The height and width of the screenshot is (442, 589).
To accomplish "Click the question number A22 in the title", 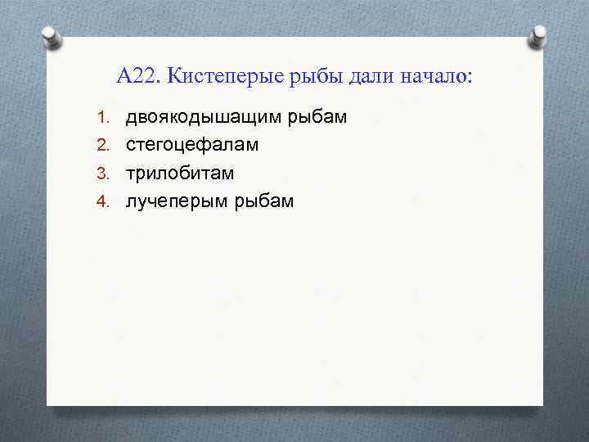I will click(138, 76).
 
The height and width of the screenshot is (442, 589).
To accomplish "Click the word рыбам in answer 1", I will click(317, 118).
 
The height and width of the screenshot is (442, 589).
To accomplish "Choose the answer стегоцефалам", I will click(191, 146).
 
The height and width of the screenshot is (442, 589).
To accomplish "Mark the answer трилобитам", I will click(179, 174).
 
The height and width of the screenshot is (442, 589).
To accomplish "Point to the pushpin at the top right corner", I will click(540, 36).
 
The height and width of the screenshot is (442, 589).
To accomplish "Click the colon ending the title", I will click(470, 78).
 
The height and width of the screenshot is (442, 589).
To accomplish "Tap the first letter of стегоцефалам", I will click(130, 147).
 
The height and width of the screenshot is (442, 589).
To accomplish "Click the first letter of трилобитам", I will click(130, 174).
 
